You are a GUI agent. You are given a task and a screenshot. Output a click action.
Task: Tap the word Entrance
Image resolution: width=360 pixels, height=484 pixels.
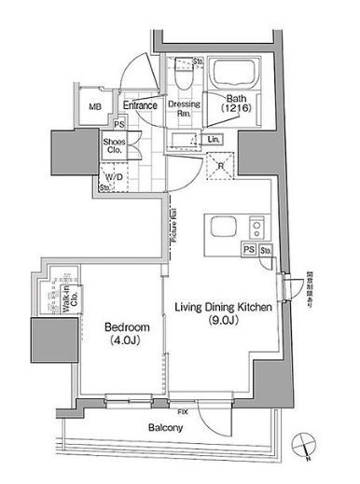(138, 105)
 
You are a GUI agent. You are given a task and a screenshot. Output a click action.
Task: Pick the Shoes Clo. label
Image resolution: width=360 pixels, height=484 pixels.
(116, 145)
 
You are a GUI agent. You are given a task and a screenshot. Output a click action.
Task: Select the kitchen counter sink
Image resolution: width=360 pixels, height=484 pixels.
(226, 227)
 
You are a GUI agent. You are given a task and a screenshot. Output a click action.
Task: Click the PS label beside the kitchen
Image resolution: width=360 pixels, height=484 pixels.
(248, 249)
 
